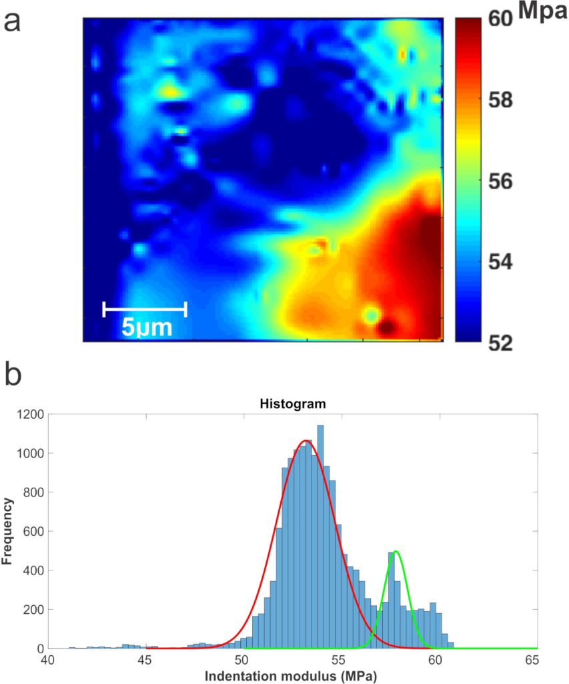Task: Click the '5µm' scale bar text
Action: (x=147, y=327)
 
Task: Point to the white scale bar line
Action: (x=145, y=309)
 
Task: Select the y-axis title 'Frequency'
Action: (x=8, y=532)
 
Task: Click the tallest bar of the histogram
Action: (x=321, y=534)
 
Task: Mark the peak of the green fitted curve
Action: (x=396, y=551)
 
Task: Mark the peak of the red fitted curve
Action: (x=306, y=441)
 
